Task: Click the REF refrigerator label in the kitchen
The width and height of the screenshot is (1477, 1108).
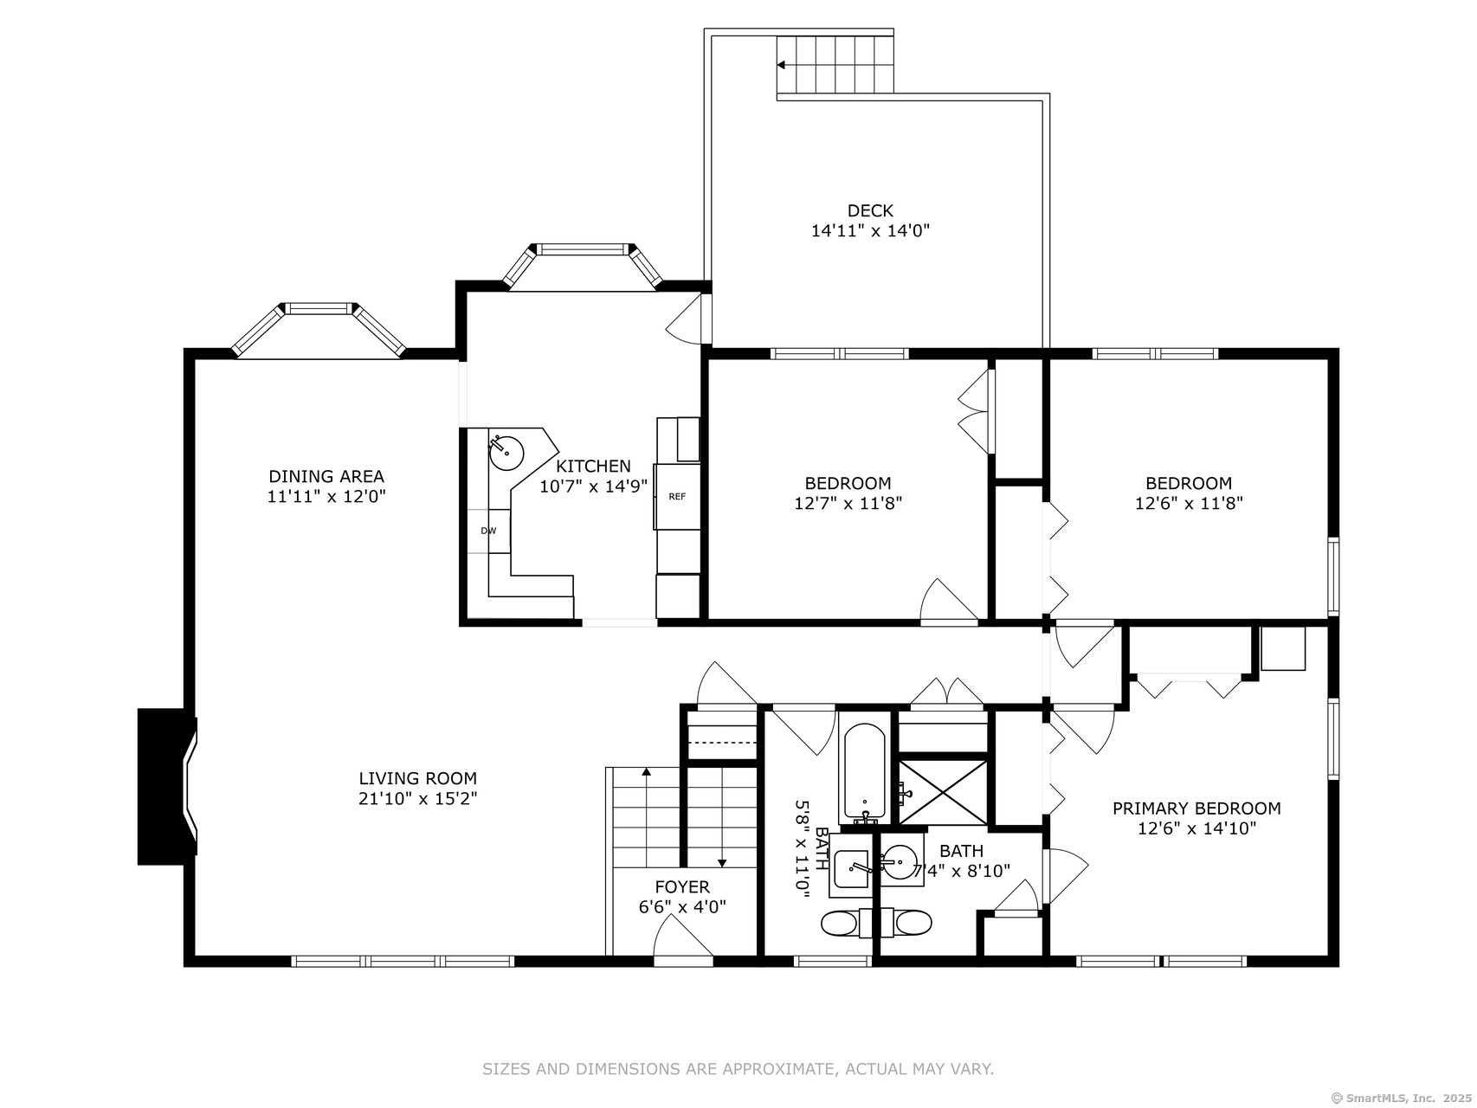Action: point(677,497)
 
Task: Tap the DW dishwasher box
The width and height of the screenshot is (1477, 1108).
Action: point(489,531)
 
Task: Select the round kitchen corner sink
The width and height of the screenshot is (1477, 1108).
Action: point(506,451)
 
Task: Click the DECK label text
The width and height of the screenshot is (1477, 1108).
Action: point(870,210)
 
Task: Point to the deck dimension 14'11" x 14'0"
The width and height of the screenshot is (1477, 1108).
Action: point(870,231)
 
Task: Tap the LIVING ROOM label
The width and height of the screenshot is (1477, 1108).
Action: point(418,778)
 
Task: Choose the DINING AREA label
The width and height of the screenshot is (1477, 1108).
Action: point(326,476)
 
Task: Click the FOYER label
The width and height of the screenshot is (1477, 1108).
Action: point(682,886)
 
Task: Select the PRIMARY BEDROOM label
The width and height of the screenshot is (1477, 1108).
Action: point(1196,808)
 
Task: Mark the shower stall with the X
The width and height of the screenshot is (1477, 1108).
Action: point(943,791)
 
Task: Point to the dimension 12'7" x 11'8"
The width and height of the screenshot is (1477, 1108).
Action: point(848,503)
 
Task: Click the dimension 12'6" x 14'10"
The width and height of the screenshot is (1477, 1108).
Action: point(1196,828)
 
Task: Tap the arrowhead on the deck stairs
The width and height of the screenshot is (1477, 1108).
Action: point(782,65)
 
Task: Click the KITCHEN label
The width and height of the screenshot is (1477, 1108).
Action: point(594,467)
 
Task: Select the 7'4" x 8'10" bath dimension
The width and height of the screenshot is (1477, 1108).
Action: point(962,871)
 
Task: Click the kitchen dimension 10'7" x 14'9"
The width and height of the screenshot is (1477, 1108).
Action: point(594,486)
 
